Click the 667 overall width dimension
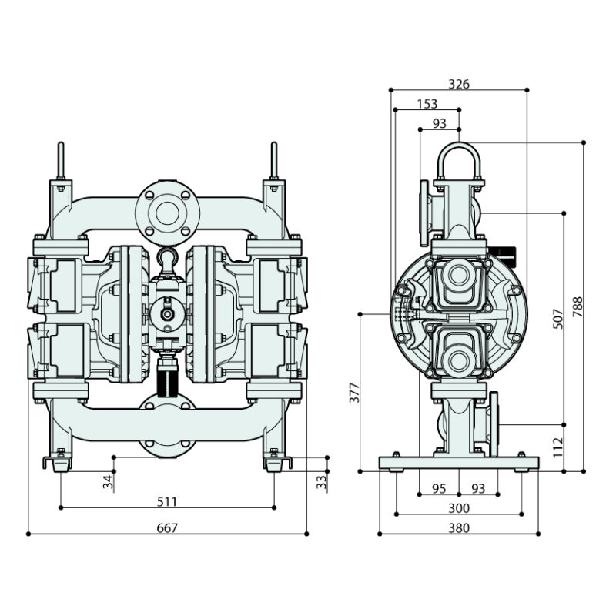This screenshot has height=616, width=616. pos(167,527)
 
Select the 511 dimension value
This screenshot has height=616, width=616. pos(167,501)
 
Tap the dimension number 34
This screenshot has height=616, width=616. pos(109,482)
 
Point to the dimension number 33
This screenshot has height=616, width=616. pos(321,482)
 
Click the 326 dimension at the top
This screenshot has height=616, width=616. pos(459,84)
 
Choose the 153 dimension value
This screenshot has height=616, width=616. pos(427,104)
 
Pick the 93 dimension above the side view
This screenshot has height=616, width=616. pos(440,123)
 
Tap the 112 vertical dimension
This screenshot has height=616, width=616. pos(558,447)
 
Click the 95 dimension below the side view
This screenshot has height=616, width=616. pos(439,488)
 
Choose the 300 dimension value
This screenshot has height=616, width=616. pos(459,508)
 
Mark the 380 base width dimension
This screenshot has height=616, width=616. pos(459,527)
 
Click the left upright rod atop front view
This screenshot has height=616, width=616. pos(61,161)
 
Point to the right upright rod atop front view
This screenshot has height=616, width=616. pos(273,161)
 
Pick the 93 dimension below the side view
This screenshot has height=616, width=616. pos(478,488)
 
